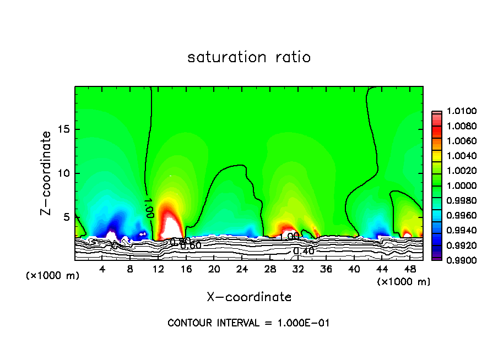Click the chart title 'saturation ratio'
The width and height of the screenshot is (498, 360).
coord(249,57)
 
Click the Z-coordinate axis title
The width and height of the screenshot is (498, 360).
coord(46,173)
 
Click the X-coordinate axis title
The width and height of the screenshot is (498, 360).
coord(249,297)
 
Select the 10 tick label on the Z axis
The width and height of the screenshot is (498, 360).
coord(64,173)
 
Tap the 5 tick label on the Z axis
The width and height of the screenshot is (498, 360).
coord(67,217)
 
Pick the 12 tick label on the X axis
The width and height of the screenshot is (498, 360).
coord(158,269)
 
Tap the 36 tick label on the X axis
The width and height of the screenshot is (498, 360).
coord(326,269)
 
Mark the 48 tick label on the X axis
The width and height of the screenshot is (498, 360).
coord(410,269)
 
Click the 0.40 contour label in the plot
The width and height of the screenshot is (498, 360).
coord(304,251)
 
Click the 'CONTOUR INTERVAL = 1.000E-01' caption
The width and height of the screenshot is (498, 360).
coord(249,323)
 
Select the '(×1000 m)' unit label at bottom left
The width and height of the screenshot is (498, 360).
coord(53,276)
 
